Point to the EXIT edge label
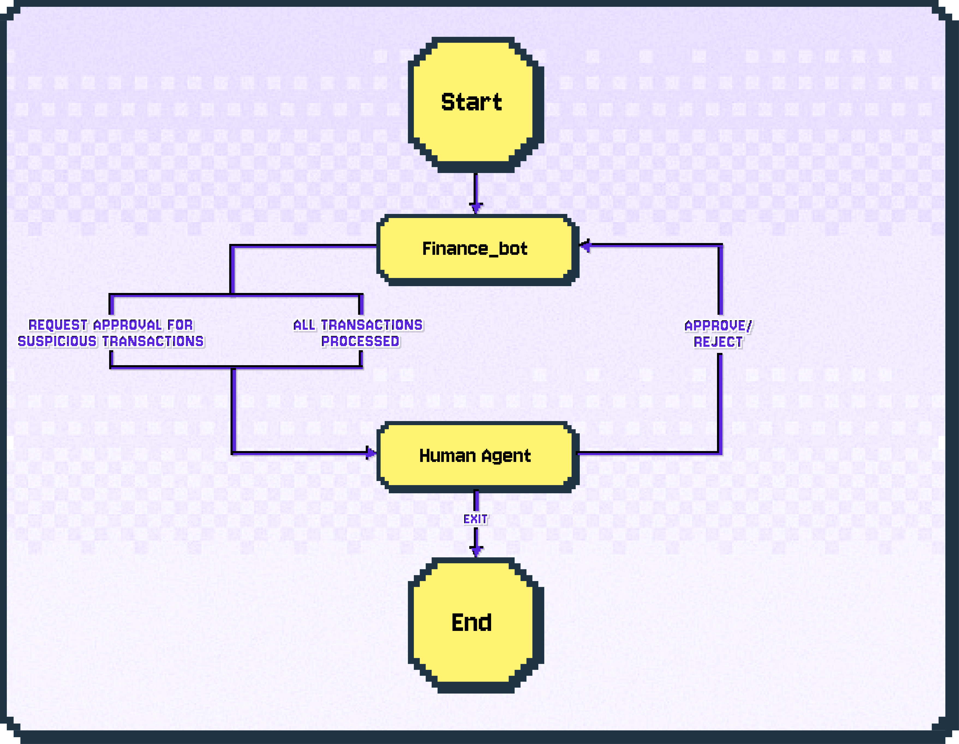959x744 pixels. [476, 519]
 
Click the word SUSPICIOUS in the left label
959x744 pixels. [57, 341]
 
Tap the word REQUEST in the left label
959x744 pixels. [58, 325]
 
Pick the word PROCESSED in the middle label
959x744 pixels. [360, 341]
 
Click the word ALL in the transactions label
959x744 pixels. [304, 325]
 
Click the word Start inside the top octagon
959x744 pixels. [471, 102]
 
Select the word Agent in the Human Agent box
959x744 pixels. [506, 456]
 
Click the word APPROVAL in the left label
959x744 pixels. [127, 325]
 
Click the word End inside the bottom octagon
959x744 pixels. [471, 622]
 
